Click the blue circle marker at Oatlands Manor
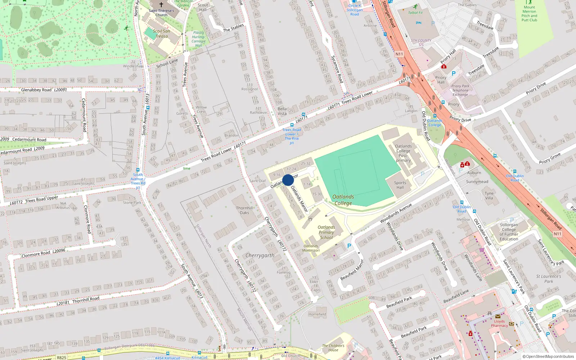click(x=288, y=180)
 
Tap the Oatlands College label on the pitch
click(x=343, y=200)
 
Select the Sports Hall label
click(x=400, y=185)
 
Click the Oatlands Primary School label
click(x=326, y=232)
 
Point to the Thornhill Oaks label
click(x=244, y=210)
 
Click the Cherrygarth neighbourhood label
click(x=260, y=255)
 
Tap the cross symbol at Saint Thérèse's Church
click(x=161, y=5)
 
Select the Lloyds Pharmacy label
click(x=499, y=323)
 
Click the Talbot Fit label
click(x=415, y=13)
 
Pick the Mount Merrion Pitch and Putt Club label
click(x=529, y=14)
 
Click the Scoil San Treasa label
click(x=161, y=33)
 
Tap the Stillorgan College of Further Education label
click(x=509, y=232)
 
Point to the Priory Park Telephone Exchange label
click(x=460, y=90)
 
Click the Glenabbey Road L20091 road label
click(x=44, y=90)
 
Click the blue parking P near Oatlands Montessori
click(x=349, y=246)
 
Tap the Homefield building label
click(x=317, y=314)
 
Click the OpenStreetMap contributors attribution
click(x=548, y=356)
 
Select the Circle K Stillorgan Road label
click(x=355, y=10)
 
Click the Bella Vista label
click(x=282, y=111)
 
